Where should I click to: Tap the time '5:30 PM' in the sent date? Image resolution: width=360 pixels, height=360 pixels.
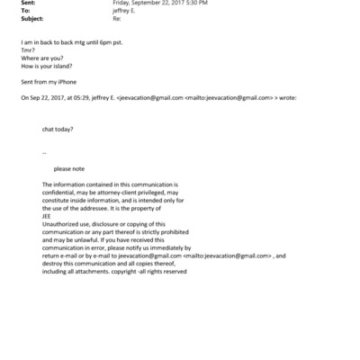point(194,4)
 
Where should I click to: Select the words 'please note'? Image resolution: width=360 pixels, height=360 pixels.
point(69,168)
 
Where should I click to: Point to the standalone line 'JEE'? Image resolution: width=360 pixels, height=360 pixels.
point(48,215)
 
